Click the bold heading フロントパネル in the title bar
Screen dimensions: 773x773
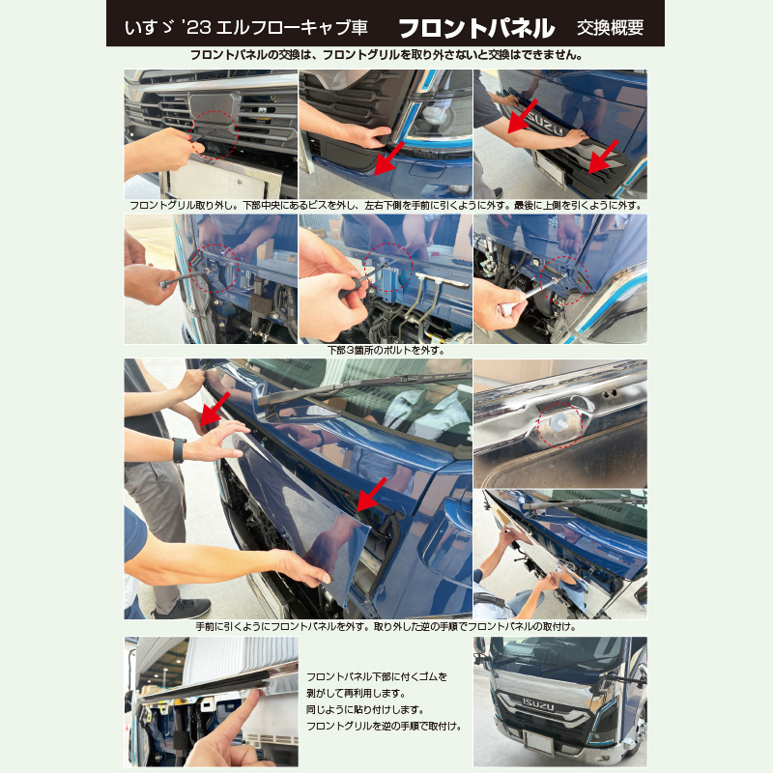coord(476,28)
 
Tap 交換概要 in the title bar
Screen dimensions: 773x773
coord(611,28)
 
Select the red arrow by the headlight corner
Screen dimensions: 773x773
coord(389,158)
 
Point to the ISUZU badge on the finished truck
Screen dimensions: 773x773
coord(538,705)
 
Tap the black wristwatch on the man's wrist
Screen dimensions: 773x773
coord(179,449)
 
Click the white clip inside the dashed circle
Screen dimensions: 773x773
coord(559,421)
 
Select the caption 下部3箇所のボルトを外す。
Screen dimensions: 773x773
coord(386,351)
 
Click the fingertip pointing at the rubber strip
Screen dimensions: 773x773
coord(255,695)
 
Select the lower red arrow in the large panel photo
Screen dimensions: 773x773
coord(372,494)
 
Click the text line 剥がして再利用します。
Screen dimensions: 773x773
coord(356,693)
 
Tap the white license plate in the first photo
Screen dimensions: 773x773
coord(223,179)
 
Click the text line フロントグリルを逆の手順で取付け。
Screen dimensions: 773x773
coord(384,727)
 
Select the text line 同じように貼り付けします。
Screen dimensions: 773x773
coord(365,710)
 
